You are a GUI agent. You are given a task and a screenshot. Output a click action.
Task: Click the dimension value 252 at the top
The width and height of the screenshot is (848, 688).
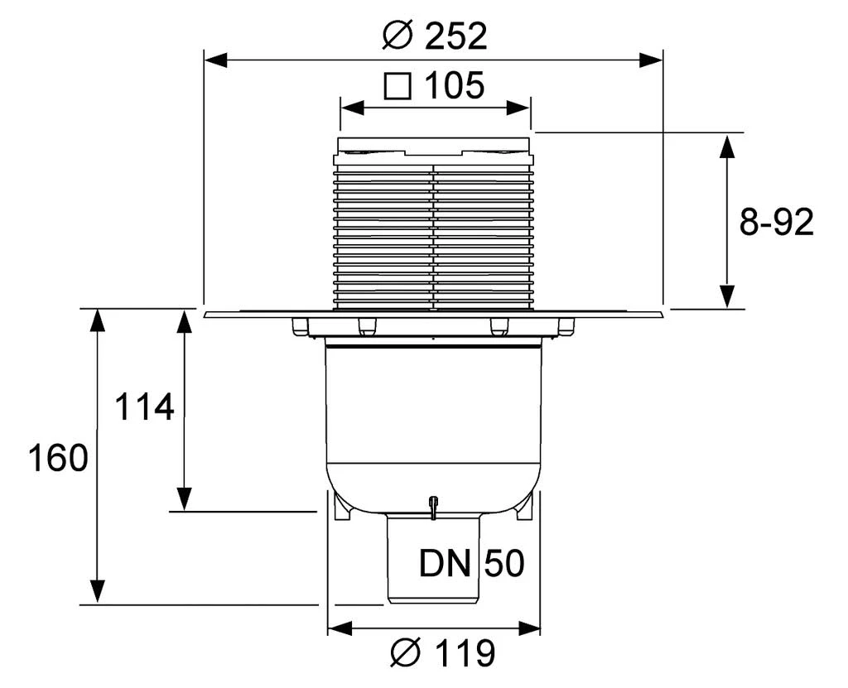(457, 36)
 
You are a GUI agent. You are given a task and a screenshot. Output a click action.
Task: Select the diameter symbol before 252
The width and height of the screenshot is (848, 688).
(401, 36)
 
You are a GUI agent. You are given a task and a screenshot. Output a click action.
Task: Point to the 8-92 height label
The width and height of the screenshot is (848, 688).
(776, 223)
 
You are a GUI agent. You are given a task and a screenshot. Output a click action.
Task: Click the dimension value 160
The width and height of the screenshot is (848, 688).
(58, 458)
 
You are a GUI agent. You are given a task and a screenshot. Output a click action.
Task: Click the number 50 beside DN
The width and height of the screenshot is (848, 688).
(504, 565)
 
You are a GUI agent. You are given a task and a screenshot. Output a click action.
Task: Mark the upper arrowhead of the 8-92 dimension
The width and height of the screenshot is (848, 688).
(727, 145)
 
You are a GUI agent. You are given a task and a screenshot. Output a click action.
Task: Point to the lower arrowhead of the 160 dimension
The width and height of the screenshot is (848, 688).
(98, 592)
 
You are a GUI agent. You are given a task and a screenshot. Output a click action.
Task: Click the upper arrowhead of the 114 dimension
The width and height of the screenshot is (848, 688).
(185, 321)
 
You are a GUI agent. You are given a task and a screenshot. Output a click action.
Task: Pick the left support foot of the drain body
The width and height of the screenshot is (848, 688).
(340, 508)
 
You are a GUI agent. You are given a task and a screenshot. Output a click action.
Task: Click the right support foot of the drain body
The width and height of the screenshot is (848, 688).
(524, 508)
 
